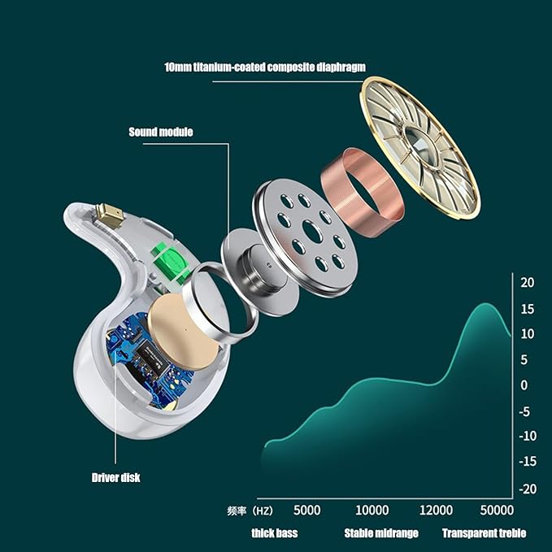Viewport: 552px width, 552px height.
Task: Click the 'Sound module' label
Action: click(160, 132)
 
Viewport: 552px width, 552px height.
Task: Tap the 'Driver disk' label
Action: click(115, 478)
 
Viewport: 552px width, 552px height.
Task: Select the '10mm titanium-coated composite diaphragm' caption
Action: click(265, 67)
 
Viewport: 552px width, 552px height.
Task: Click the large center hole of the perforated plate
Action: click(312, 232)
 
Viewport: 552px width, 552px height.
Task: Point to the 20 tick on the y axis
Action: click(527, 282)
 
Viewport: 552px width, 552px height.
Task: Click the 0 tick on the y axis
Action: click(524, 385)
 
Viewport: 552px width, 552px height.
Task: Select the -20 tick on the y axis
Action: click(528, 489)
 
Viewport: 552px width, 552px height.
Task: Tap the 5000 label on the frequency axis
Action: click(307, 510)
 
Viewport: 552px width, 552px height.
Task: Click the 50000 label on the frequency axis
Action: click(497, 510)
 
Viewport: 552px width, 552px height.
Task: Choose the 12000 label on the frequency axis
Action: click(436, 510)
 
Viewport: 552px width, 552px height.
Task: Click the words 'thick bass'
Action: click(275, 533)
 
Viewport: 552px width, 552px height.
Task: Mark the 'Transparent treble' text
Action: click(484, 533)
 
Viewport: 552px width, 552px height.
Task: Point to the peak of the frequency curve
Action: click(486, 303)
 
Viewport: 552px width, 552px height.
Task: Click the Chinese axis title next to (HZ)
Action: click(237, 511)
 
